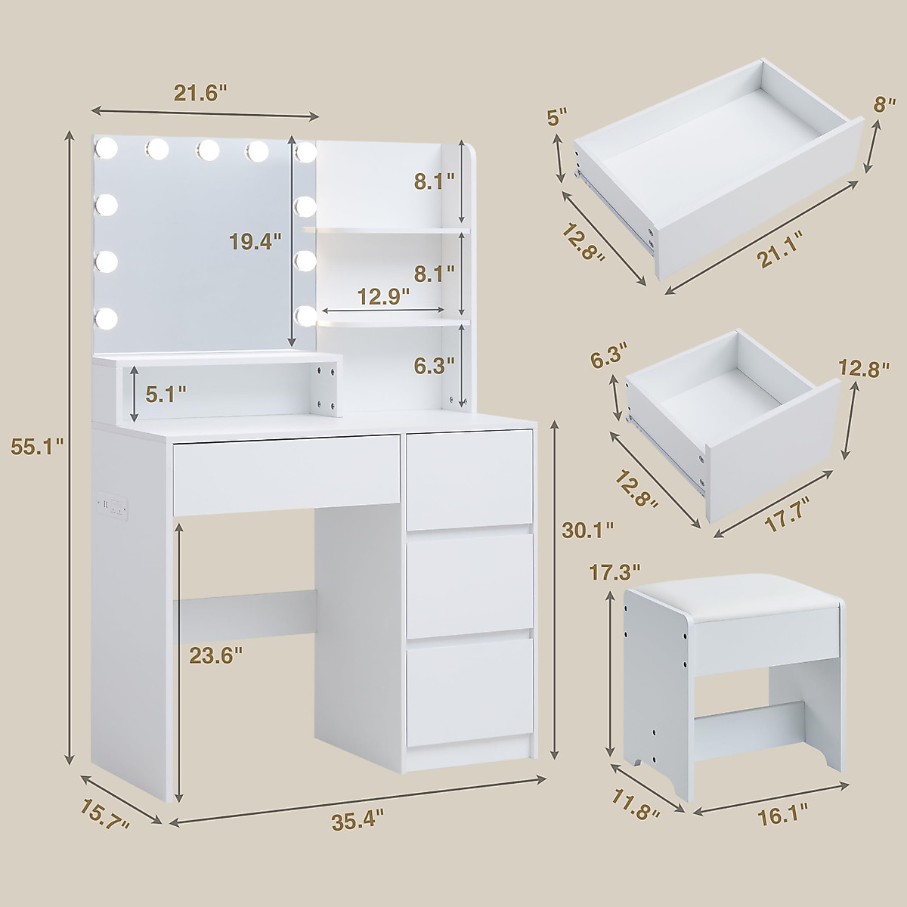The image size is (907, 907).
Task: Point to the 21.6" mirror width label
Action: click(200, 93)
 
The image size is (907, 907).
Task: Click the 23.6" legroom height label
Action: click(215, 655)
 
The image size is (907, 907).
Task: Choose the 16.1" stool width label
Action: click(781, 813)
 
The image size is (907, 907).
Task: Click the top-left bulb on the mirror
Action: click(107, 149)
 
